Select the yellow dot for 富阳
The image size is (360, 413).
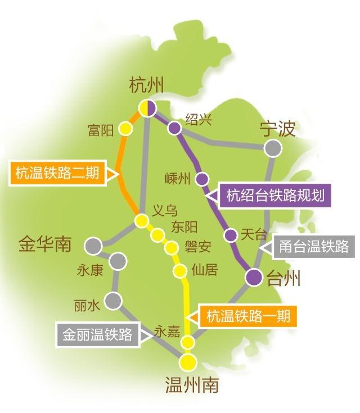click(x=126, y=129)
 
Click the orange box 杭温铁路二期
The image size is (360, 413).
click(x=57, y=174)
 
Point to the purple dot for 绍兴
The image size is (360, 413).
click(x=174, y=129)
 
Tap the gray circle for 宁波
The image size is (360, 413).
click(x=273, y=148)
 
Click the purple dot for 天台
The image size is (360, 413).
click(x=229, y=235)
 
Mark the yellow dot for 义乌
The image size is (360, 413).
click(x=142, y=220)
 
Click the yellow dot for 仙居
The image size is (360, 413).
click(x=180, y=271)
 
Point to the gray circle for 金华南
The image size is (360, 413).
click(x=93, y=246)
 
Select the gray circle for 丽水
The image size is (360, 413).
click(x=113, y=301)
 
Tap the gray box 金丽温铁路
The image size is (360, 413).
click(x=97, y=335)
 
